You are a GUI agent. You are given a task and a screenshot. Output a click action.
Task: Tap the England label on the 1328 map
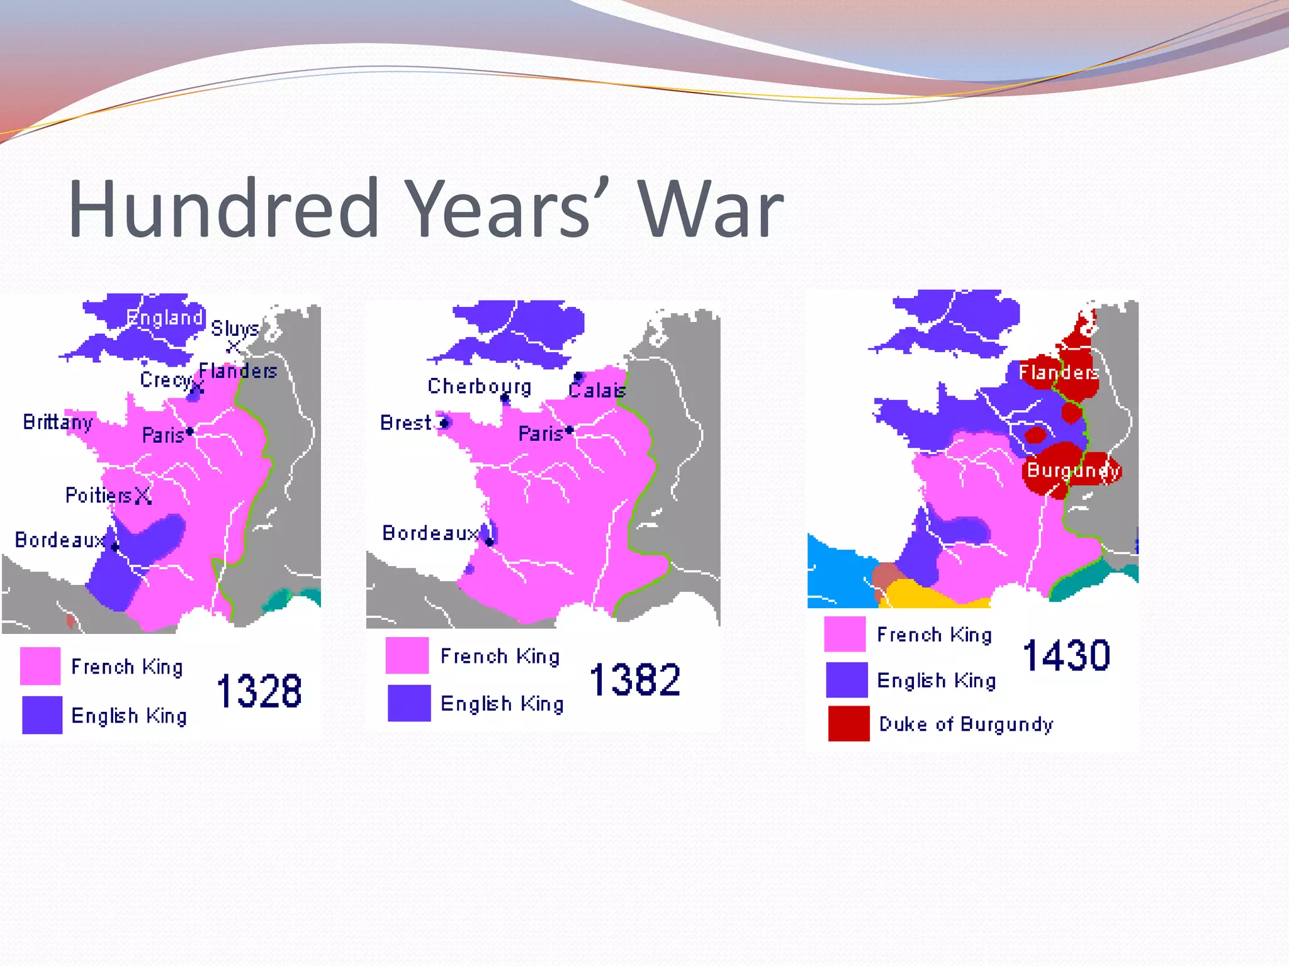pos(164,318)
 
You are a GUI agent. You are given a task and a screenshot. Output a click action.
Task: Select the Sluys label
pos(234,328)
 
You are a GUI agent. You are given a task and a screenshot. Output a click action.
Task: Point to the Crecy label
pos(165,380)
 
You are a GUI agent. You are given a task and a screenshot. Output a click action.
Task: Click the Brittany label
pos(58,422)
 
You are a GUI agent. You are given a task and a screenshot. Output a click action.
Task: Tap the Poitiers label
pos(99,496)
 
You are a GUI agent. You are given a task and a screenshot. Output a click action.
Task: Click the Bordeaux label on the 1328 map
pos(59,540)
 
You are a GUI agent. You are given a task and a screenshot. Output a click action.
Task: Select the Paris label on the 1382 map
pos(540,434)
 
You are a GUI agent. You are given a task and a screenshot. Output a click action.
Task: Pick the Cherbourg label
pos(479,386)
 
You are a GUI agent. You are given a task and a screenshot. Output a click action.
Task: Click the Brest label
pos(406,423)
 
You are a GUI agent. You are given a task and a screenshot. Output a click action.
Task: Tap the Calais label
pos(597,391)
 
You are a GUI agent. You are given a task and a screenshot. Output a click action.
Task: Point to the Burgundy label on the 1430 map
pos(1072,470)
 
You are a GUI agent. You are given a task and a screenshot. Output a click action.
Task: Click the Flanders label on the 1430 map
pos(1059,372)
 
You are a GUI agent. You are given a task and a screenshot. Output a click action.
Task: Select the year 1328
pos(259,691)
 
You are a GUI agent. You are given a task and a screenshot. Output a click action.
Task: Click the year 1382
pos(635,680)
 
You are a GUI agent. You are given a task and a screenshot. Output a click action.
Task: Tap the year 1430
pos(1066,655)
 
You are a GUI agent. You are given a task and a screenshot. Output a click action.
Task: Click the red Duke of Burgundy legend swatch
pos(848,724)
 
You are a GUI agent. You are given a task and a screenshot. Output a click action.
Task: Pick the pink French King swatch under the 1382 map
pos(407,655)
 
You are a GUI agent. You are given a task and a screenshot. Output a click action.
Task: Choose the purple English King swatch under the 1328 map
pos(42,715)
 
